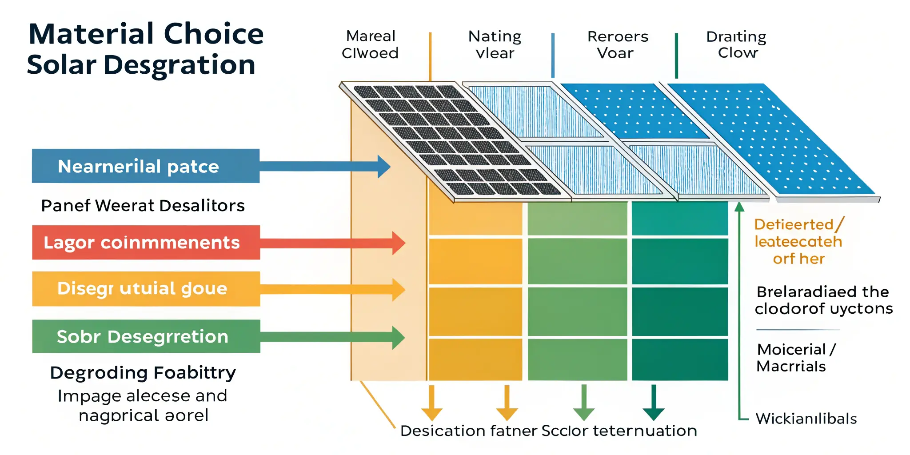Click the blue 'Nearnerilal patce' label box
[x=145, y=166]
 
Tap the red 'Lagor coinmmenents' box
[x=145, y=243]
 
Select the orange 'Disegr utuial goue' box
[x=145, y=289]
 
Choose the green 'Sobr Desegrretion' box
[x=145, y=336]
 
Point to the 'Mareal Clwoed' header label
[x=370, y=44]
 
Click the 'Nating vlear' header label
[x=495, y=44]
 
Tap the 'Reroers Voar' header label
[x=617, y=44]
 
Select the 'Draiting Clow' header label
[x=737, y=44]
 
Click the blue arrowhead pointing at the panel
[x=384, y=167]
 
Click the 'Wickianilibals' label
[x=806, y=419]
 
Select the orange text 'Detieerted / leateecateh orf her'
[x=798, y=242]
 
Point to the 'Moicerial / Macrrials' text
[x=795, y=358]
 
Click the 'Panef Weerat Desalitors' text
[x=143, y=206]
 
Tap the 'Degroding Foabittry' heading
[x=143, y=372]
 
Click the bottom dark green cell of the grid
[x=680, y=359]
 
